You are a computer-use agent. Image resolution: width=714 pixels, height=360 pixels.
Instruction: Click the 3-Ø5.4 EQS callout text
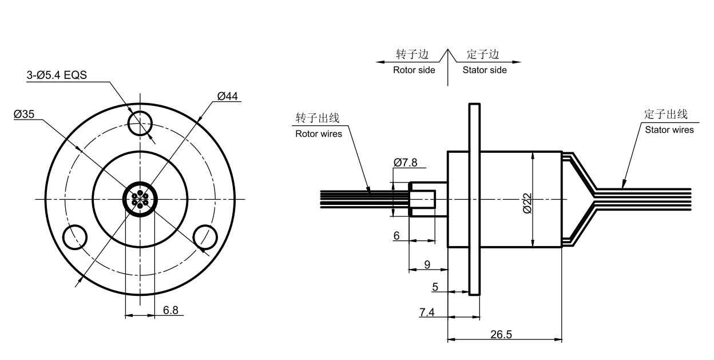(x=57, y=75)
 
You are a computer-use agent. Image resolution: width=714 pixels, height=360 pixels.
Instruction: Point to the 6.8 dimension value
(x=170, y=310)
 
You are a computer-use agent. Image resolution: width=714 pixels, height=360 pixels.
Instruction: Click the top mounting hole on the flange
(x=141, y=122)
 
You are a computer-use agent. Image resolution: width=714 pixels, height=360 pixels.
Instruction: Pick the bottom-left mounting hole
(x=75, y=237)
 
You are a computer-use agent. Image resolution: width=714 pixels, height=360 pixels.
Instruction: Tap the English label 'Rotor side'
(x=414, y=70)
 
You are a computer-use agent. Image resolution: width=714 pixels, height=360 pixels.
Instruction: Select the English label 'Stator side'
(x=485, y=70)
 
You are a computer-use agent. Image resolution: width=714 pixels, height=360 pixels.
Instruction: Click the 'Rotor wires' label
(x=318, y=134)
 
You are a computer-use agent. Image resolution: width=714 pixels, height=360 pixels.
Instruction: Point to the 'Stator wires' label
(x=669, y=129)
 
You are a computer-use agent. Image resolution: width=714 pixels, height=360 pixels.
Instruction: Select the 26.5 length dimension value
(x=501, y=334)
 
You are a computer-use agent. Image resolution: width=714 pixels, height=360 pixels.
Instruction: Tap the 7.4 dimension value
(x=427, y=312)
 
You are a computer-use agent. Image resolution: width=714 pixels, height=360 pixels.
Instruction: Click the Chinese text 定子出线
(x=665, y=114)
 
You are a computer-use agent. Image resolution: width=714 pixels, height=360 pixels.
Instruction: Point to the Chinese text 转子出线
(x=318, y=118)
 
